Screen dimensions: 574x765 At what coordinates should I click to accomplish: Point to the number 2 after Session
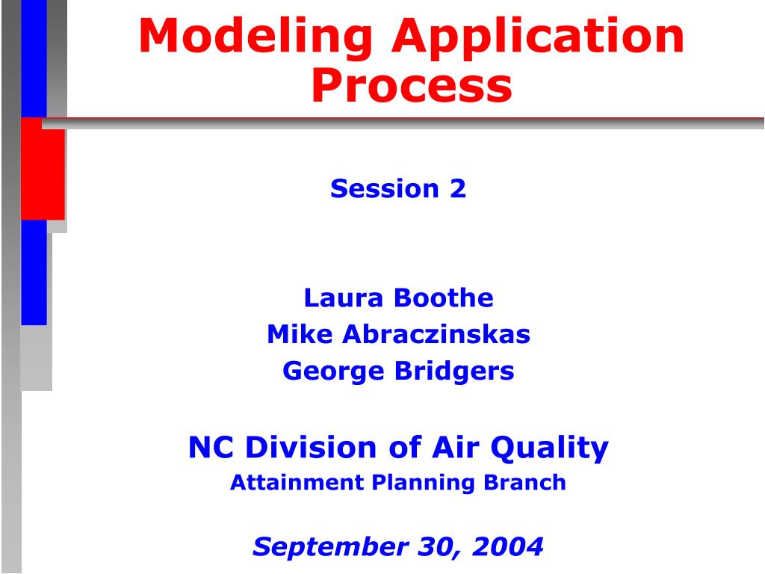[x=457, y=189]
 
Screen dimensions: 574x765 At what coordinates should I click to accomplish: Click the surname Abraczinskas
[x=436, y=334]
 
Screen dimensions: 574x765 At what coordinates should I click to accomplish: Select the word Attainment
[x=297, y=483]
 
